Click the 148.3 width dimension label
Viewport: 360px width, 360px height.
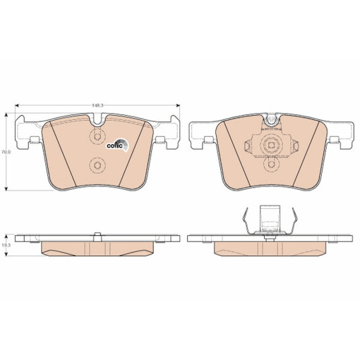point(97,105)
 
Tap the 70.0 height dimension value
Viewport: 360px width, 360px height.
point(5,152)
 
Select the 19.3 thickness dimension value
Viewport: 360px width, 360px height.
point(5,244)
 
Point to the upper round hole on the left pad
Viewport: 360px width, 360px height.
point(97,137)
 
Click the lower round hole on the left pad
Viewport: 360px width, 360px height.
point(97,167)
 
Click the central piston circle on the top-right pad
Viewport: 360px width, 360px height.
point(271,146)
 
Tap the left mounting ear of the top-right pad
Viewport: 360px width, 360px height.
point(203,133)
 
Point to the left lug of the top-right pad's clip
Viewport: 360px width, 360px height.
point(248,146)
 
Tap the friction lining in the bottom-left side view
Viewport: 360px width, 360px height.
point(97,248)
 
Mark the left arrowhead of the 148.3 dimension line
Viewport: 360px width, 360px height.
point(17,105)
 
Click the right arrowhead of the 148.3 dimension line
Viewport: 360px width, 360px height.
point(178,105)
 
